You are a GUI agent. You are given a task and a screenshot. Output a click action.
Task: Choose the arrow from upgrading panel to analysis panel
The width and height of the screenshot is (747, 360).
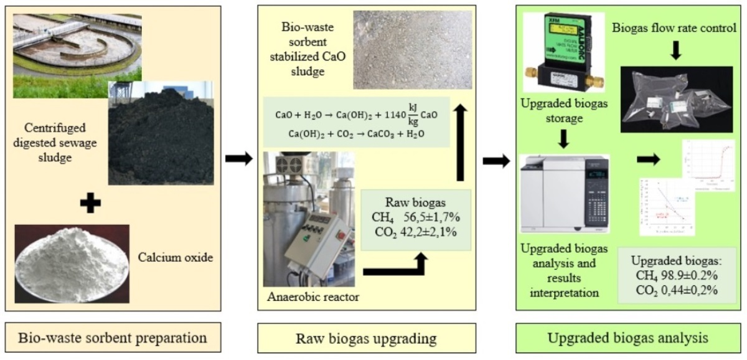tap(497, 160)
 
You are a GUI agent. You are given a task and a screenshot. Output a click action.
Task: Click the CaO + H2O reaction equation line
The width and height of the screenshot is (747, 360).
tap(356, 115)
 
